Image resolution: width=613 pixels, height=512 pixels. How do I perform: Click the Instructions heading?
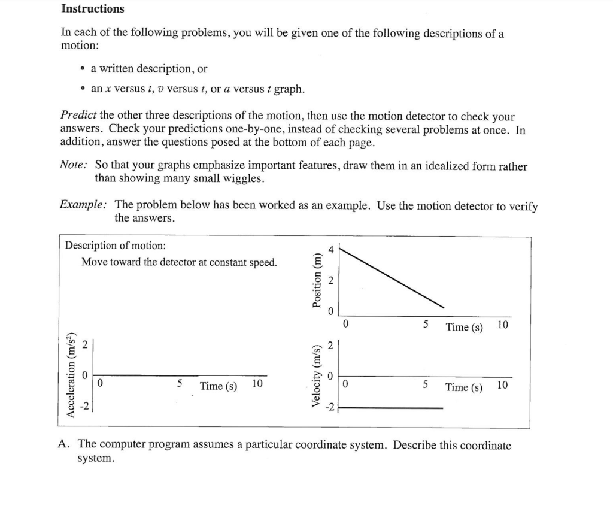point(93,9)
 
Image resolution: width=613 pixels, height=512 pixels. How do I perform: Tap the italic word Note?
point(72,166)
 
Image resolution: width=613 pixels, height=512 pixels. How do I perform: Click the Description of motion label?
point(115,246)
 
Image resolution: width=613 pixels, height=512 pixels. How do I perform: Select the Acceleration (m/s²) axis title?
point(72,373)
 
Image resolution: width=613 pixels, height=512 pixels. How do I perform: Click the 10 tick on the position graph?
point(503,325)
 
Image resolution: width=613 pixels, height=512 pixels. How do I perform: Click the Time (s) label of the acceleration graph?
point(219,386)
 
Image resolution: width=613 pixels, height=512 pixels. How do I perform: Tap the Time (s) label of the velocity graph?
point(464,387)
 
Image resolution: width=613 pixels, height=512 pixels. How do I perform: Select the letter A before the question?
point(64,444)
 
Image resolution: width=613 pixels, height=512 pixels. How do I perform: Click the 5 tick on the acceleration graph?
point(180,383)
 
